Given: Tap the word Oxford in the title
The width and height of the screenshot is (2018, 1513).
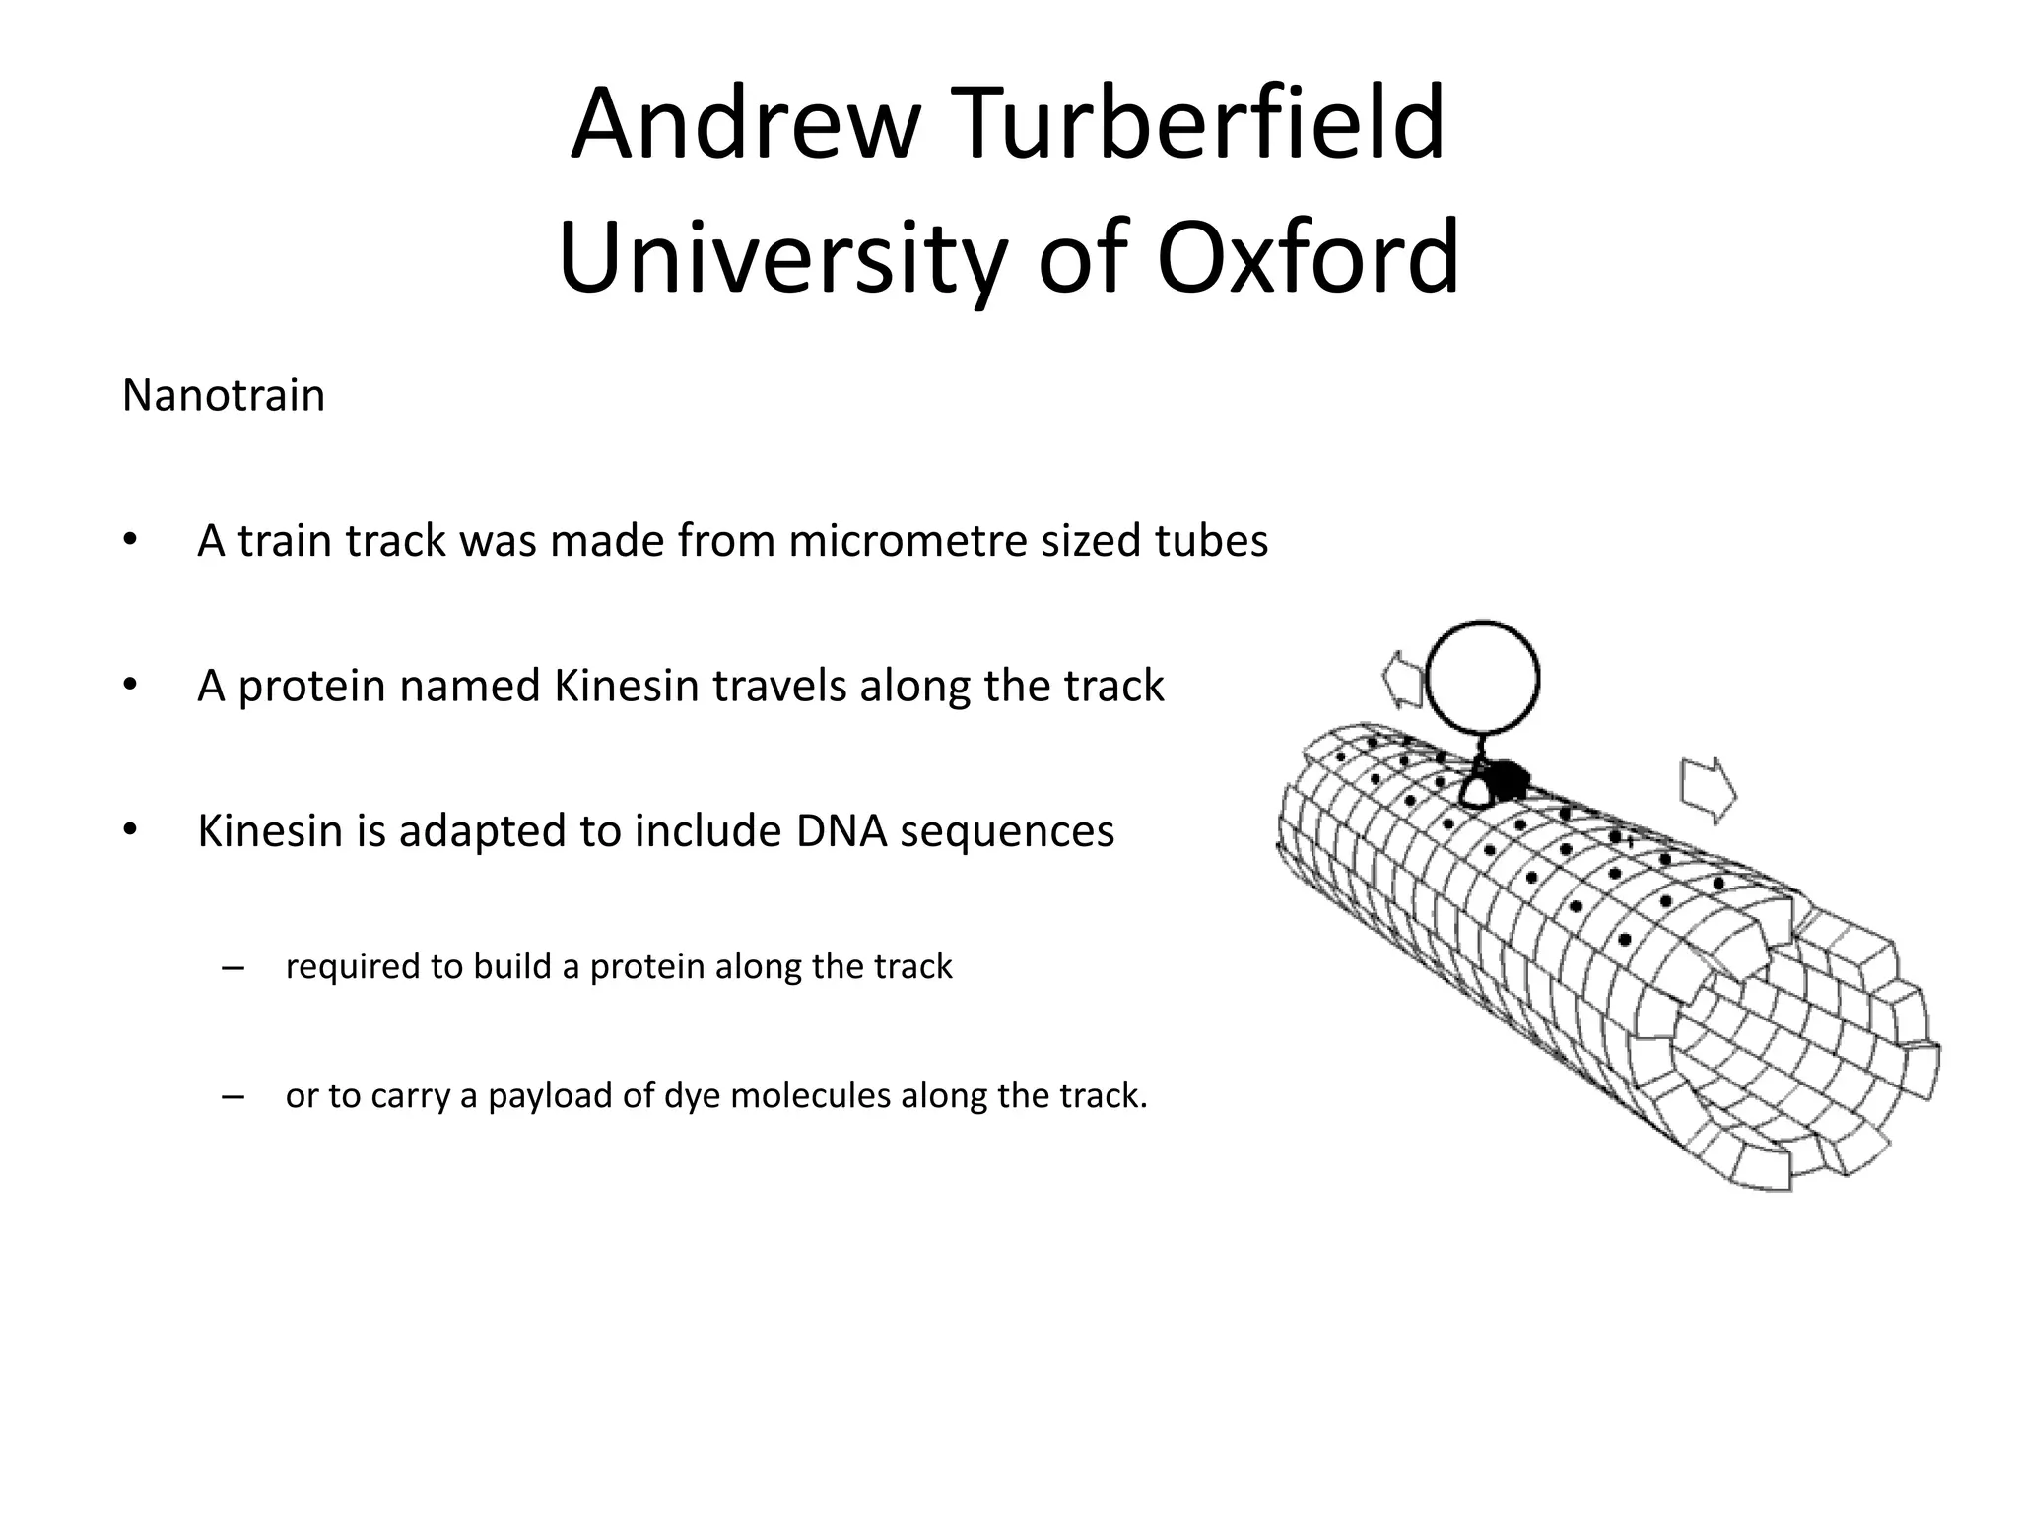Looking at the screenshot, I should tap(1308, 258).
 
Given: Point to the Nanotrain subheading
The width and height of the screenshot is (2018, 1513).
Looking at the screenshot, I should tap(224, 396).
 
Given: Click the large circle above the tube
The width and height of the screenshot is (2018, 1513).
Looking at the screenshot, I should tap(1483, 680).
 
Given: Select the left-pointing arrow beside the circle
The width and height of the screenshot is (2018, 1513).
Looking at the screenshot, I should tap(1402, 678).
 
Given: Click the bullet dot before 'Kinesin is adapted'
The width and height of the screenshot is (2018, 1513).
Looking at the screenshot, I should tap(129, 830).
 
